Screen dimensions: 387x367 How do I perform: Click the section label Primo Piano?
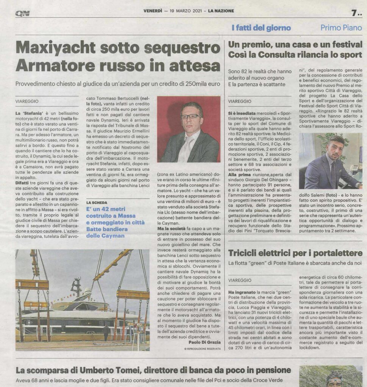(x=341, y=28)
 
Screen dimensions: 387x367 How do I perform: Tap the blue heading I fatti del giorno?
(x=261, y=28)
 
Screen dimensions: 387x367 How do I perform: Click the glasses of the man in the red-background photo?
(x=189, y=116)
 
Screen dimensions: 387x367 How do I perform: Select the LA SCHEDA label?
(x=96, y=203)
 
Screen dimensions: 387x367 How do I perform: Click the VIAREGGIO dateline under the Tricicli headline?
(x=240, y=280)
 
